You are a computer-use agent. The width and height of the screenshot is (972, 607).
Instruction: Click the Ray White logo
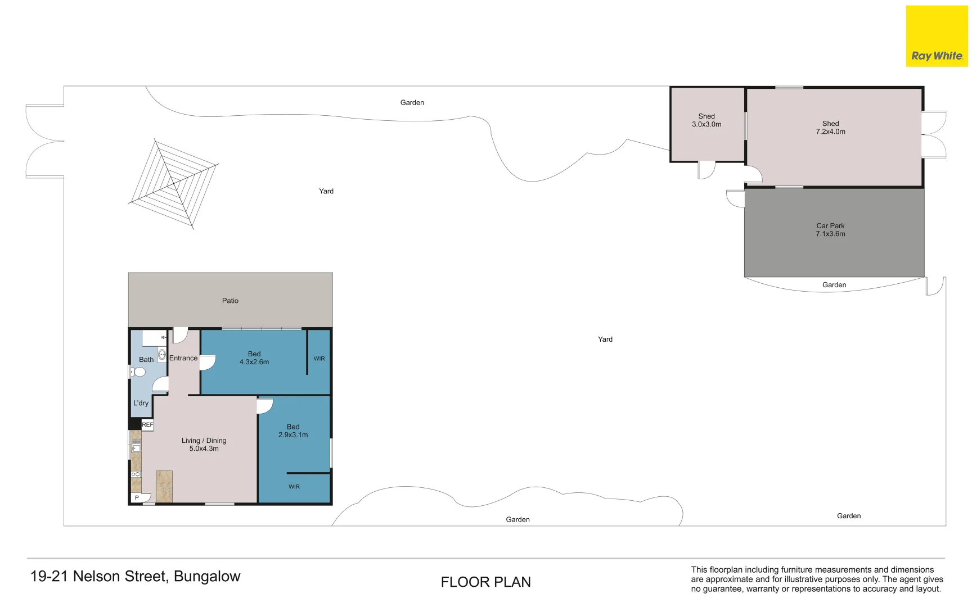coord(937,36)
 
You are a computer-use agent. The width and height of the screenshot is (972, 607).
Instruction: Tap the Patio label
coord(230,301)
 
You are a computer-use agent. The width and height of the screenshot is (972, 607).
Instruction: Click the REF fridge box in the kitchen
coord(147,425)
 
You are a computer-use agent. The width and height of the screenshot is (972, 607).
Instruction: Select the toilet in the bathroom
coord(138,372)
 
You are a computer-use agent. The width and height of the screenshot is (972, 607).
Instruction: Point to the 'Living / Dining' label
coord(204,441)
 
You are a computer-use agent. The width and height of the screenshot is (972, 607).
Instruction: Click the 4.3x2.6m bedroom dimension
coord(254,362)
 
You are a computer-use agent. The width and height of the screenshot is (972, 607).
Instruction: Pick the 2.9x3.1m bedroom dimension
coord(293,435)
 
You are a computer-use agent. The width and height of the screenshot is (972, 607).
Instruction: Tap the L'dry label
coord(141,403)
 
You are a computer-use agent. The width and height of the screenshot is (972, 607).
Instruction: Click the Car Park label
coord(830,226)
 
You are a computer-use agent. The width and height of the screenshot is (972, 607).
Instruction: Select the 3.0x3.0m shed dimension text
coord(706,125)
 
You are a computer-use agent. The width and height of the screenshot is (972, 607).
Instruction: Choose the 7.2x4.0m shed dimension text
coord(831,132)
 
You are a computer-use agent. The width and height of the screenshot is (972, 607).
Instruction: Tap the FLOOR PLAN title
coord(486,582)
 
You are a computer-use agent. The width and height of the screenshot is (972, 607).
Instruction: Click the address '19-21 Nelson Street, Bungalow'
coord(135,577)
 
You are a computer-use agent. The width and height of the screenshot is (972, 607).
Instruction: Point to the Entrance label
coord(183,358)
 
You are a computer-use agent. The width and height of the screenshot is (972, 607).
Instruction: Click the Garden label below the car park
coord(834,285)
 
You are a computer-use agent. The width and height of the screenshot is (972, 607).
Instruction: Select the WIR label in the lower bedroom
coord(294,487)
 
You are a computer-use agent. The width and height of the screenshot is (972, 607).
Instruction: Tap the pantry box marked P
coord(137,498)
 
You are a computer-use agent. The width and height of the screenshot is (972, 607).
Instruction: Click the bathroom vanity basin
coord(162,355)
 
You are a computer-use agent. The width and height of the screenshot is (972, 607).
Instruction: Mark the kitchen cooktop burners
coord(136,474)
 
